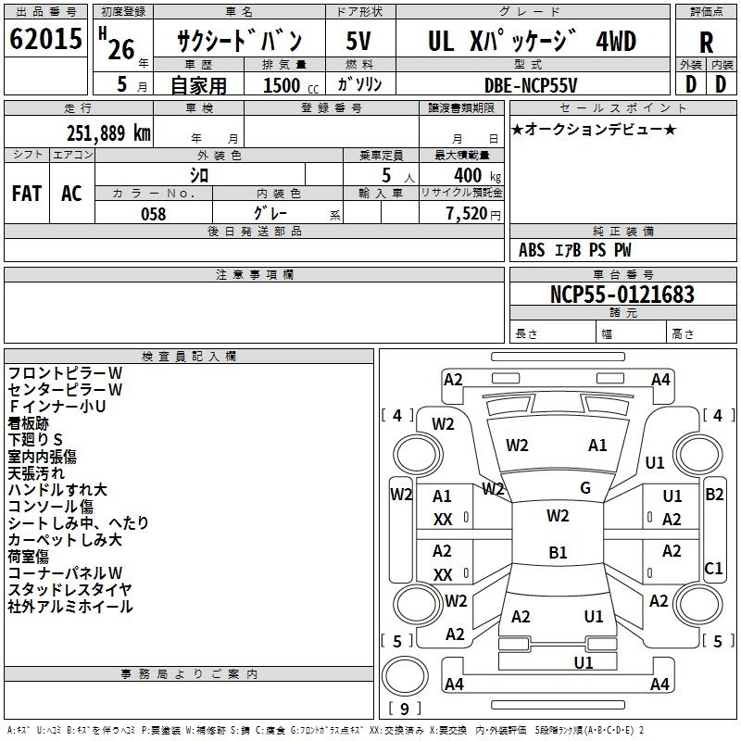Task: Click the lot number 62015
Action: pyautogui.click(x=45, y=39)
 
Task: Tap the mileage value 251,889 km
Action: pyautogui.click(x=108, y=133)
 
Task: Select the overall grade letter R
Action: pyautogui.click(x=706, y=42)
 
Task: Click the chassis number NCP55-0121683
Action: pyautogui.click(x=622, y=295)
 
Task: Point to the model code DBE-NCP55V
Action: pyautogui.click(x=531, y=85)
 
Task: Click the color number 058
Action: pyautogui.click(x=154, y=214)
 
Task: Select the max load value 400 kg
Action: pyautogui.click(x=477, y=175)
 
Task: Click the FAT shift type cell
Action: pyautogui.click(x=27, y=194)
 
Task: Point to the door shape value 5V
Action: pyautogui.click(x=358, y=41)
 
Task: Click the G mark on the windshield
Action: pyautogui.click(x=585, y=488)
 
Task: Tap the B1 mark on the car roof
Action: pyautogui.click(x=558, y=552)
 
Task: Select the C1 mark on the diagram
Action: pyautogui.click(x=713, y=569)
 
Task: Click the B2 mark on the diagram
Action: pyautogui.click(x=714, y=495)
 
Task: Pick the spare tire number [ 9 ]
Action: pyautogui.click(x=405, y=709)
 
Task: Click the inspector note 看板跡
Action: pyautogui.click(x=28, y=423)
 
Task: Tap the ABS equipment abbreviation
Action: pyautogui.click(x=532, y=250)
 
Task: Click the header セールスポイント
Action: pyautogui.click(x=622, y=107)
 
